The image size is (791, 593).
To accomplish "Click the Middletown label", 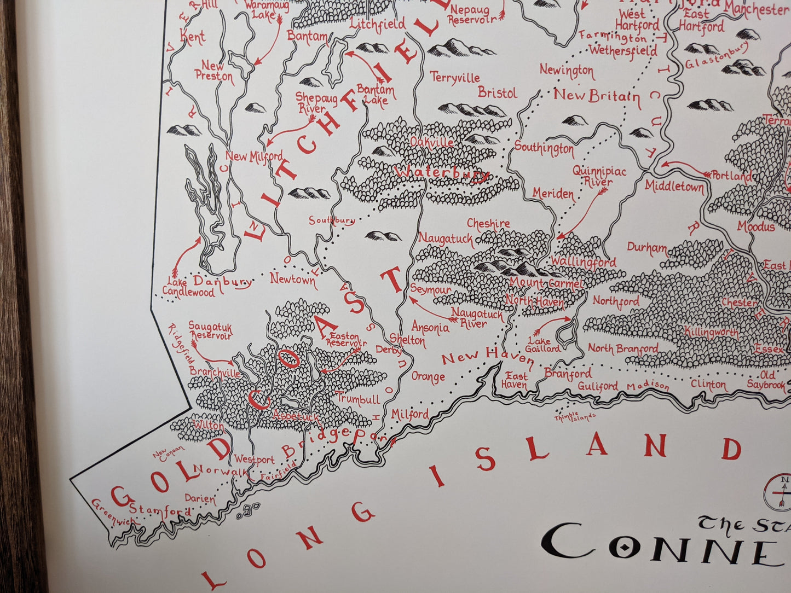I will (x=674, y=187).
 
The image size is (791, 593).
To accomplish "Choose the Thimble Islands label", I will (x=574, y=417).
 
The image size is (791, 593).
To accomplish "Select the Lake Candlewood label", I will (x=189, y=288).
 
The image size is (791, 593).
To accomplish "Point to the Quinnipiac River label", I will (x=599, y=176).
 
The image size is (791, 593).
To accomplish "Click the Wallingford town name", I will (x=583, y=263).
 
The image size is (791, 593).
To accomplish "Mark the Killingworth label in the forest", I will (x=711, y=332).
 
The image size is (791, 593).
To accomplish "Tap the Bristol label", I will (x=497, y=92).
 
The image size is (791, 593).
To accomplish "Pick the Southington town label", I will (x=544, y=148).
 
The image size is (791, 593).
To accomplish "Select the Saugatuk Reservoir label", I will (x=210, y=331).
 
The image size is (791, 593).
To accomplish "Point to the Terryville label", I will (x=455, y=78).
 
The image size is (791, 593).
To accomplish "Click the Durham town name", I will (x=647, y=248).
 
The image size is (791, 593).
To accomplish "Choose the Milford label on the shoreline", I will (x=410, y=415).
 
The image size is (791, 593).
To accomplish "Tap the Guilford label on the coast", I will (x=598, y=386).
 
